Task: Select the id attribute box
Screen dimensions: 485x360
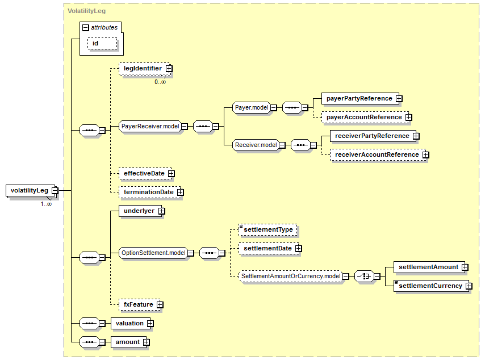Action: [102, 44]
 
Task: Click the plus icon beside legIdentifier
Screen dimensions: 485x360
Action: [169, 68]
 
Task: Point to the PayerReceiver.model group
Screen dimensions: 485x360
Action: [150, 126]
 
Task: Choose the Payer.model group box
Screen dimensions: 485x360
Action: [252, 108]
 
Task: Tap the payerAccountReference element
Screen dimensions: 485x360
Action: [365, 118]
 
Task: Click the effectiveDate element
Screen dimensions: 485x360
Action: [145, 174]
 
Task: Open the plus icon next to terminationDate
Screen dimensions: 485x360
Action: [181, 192]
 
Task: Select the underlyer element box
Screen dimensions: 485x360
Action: [140, 211]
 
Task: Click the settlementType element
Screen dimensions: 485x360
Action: [268, 230]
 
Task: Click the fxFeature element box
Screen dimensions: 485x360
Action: [139, 305]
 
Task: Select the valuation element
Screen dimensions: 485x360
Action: [131, 324]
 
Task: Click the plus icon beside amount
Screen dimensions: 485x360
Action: [147, 342]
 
